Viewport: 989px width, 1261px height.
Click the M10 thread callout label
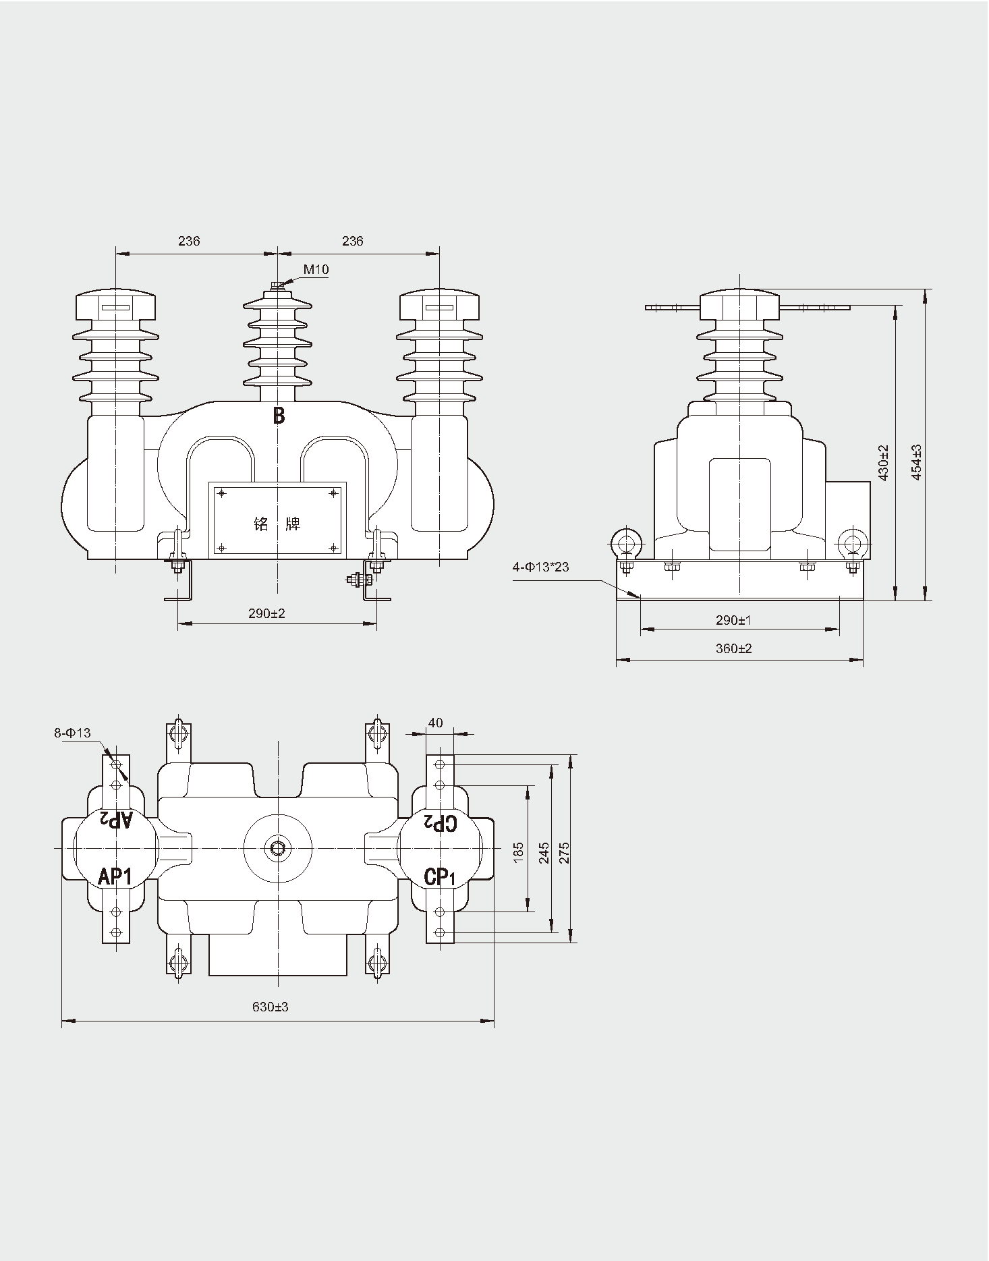(x=316, y=270)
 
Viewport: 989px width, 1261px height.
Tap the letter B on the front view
(x=279, y=416)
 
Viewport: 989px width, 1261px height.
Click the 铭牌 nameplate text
(x=277, y=524)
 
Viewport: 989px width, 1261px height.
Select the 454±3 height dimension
(x=916, y=462)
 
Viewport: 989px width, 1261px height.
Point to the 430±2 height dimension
(x=883, y=462)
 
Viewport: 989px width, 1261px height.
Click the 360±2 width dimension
(x=733, y=648)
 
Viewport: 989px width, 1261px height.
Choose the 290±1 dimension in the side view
(x=733, y=620)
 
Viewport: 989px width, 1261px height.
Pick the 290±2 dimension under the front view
(x=266, y=613)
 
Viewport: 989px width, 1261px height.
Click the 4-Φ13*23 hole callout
(x=540, y=567)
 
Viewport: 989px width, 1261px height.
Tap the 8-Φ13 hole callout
(x=72, y=733)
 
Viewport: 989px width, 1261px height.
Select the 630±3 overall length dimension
(x=270, y=1007)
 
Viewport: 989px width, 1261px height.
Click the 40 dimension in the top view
(x=436, y=723)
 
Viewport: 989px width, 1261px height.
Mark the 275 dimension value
(x=565, y=853)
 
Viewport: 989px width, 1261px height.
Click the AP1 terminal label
(x=115, y=876)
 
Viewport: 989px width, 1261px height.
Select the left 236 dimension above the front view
(x=189, y=241)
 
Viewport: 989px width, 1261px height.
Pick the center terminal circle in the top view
(x=277, y=847)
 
